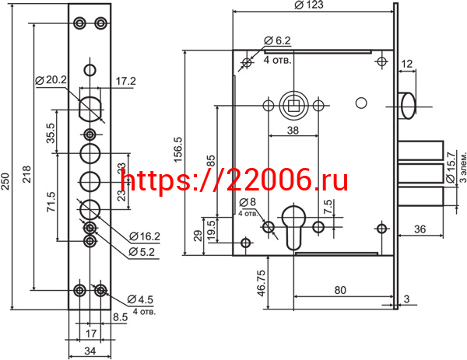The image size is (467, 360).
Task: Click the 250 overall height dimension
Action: point(7,174)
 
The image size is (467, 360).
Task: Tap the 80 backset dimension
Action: point(339,290)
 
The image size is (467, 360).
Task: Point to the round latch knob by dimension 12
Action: point(407,104)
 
